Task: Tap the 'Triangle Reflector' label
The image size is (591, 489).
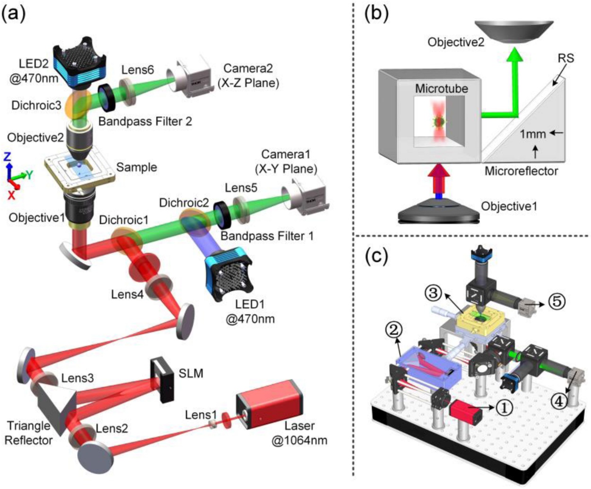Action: pyautogui.click(x=28, y=433)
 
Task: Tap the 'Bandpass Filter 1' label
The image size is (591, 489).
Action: pyautogui.click(x=267, y=236)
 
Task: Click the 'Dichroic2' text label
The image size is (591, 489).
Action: pyautogui.click(x=184, y=203)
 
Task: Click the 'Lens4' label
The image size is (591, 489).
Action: pyautogui.click(x=127, y=294)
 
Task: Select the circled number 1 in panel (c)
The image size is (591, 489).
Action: pyautogui.click(x=504, y=407)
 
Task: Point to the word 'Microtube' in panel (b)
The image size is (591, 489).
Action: pyautogui.click(x=441, y=88)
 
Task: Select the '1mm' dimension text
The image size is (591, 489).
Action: pyautogui.click(x=532, y=134)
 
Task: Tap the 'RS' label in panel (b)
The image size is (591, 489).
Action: pyautogui.click(x=565, y=58)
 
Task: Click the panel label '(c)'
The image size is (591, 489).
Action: pyautogui.click(x=377, y=255)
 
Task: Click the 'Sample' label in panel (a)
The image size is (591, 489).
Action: pyautogui.click(x=137, y=167)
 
